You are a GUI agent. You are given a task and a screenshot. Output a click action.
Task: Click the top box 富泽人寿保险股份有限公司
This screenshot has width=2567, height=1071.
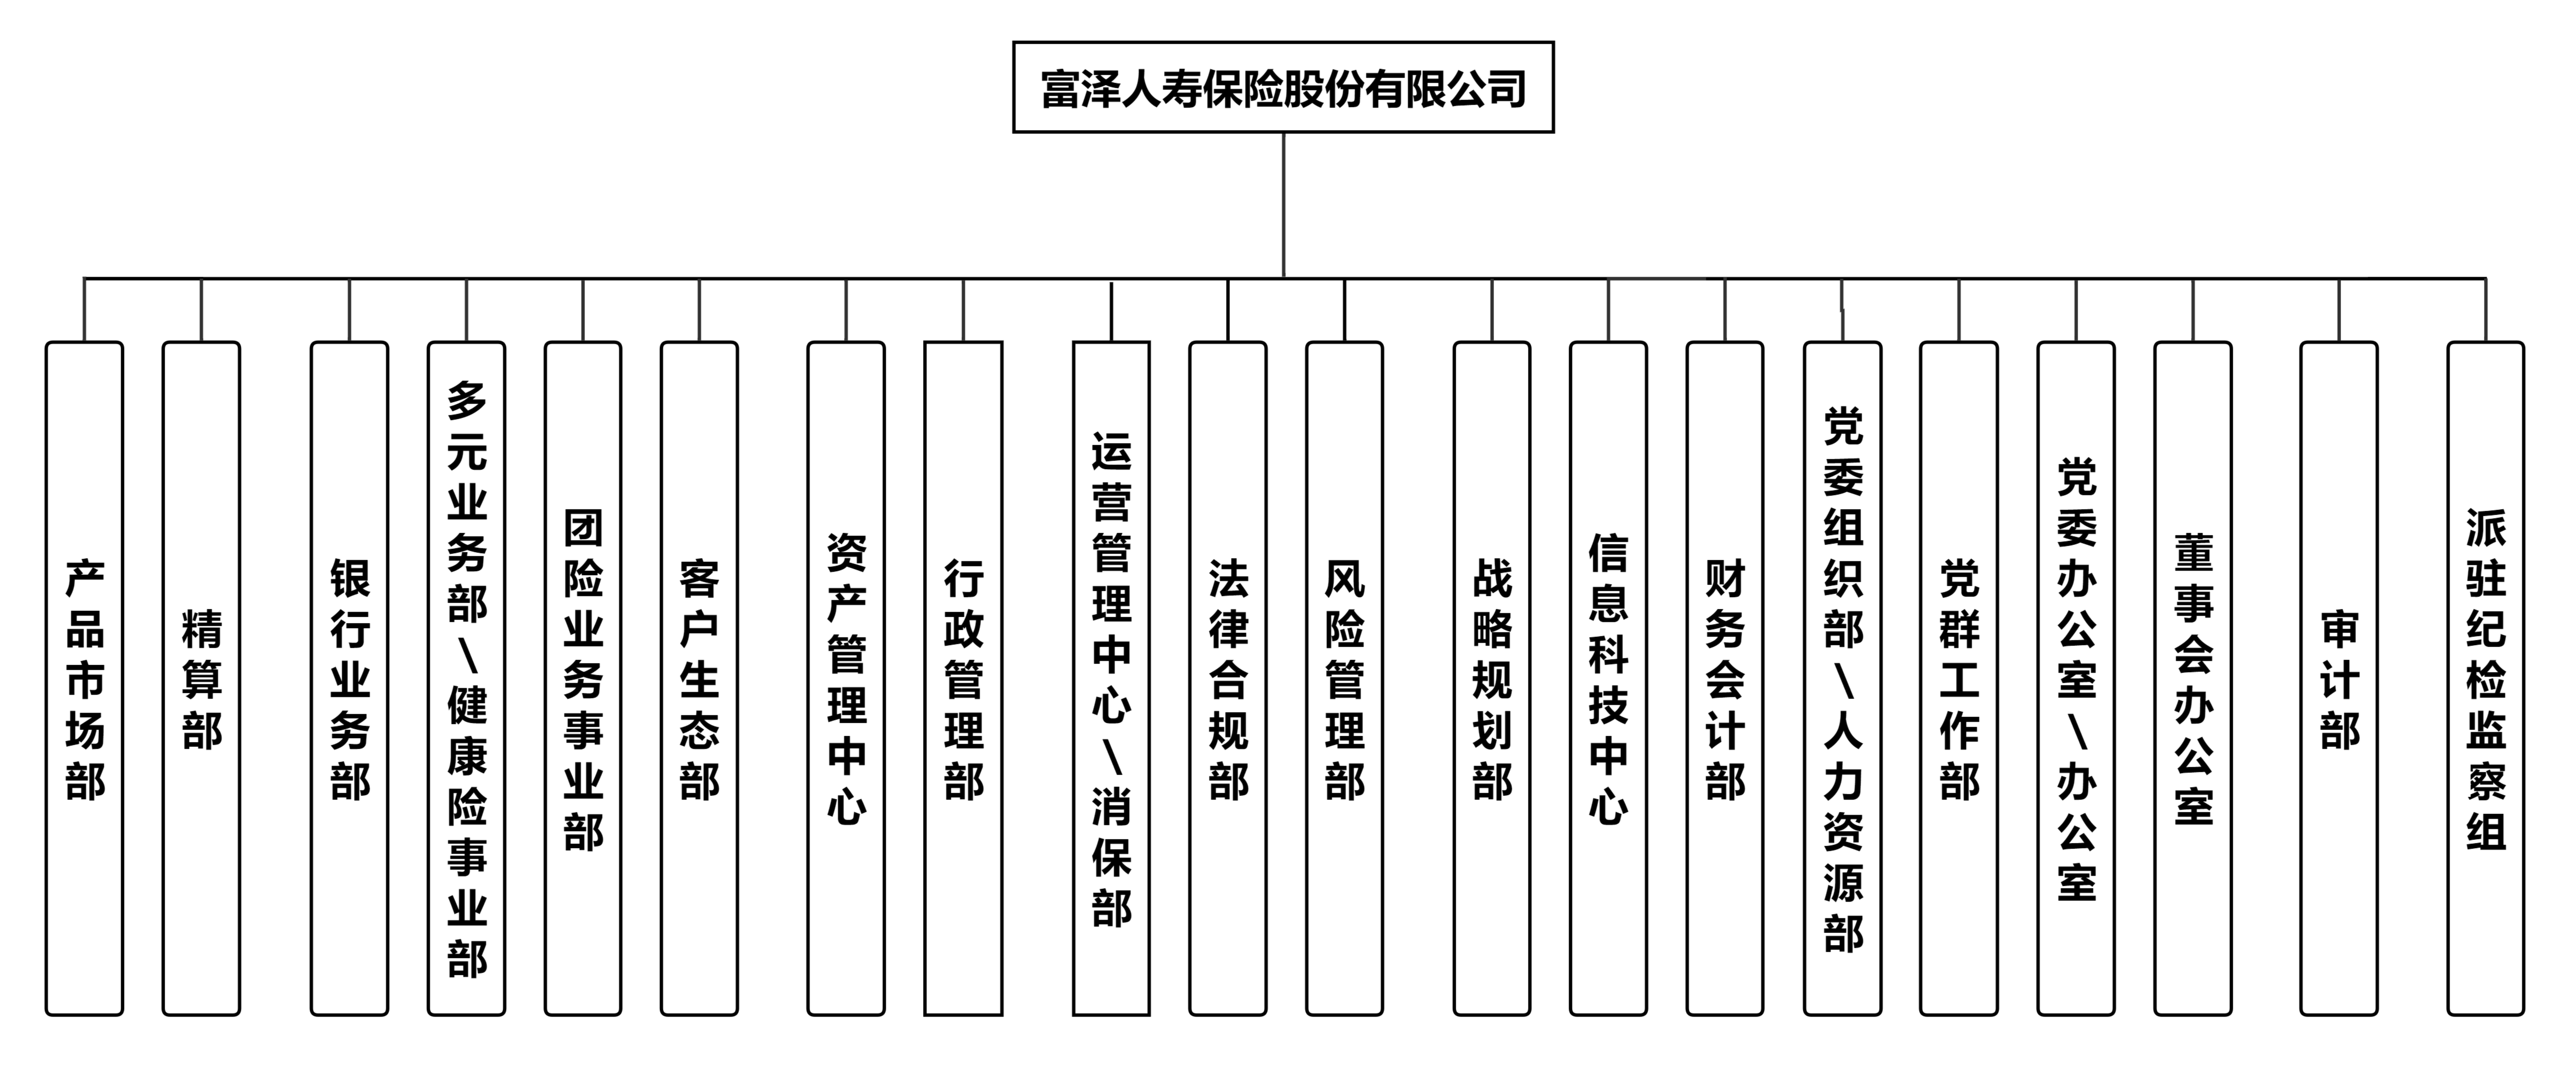1282,88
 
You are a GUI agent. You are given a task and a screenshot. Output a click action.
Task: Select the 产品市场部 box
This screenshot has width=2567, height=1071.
85,677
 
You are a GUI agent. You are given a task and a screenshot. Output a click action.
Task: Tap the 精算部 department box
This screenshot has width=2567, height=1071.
201,677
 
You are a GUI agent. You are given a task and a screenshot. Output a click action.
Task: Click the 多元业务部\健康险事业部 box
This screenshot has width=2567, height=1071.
466,677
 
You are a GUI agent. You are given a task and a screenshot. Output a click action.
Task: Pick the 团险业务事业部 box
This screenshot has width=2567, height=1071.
583,677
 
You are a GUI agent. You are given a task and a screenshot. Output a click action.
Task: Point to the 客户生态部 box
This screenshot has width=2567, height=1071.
700,677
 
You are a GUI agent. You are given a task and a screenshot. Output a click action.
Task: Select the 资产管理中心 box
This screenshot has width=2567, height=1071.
846,677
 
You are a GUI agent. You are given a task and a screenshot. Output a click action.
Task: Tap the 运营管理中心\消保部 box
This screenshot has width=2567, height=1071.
1111,677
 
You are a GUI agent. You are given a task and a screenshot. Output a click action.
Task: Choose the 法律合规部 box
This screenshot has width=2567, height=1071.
1228,677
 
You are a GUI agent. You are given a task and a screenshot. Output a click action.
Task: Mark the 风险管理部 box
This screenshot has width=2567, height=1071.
1344,677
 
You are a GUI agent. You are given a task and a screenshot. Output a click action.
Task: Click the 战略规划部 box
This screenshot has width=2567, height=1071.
1492,677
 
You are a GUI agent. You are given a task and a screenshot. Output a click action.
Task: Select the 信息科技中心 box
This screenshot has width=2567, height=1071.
1608,677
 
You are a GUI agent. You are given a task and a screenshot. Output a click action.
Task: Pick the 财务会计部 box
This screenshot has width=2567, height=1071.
1725,677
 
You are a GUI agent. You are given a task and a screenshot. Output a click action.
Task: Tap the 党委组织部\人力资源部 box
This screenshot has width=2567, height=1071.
1842,677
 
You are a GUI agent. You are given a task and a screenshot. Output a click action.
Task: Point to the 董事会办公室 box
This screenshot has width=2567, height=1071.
2193,677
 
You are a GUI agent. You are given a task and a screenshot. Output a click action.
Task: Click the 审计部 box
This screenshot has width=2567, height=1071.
2339,677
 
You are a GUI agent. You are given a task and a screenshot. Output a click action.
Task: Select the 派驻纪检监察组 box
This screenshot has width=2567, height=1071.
2485,677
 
